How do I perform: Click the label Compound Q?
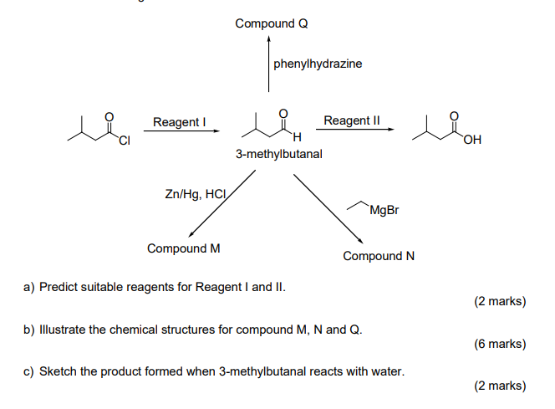pyautogui.click(x=272, y=23)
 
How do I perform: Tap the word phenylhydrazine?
pyautogui.click(x=318, y=64)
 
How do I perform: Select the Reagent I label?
pyautogui.click(x=179, y=122)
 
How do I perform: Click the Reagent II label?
pyautogui.click(x=352, y=120)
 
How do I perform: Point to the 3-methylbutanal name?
pyautogui.click(x=278, y=155)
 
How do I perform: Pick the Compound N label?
pyautogui.click(x=379, y=256)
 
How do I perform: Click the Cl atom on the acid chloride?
pyautogui.click(x=125, y=140)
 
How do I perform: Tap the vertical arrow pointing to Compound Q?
pyautogui.click(x=268, y=63)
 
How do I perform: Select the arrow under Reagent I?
pyautogui.click(x=184, y=130)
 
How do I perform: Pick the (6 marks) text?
pyautogui.click(x=500, y=344)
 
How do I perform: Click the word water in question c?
pyautogui.click(x=387, y=371)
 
